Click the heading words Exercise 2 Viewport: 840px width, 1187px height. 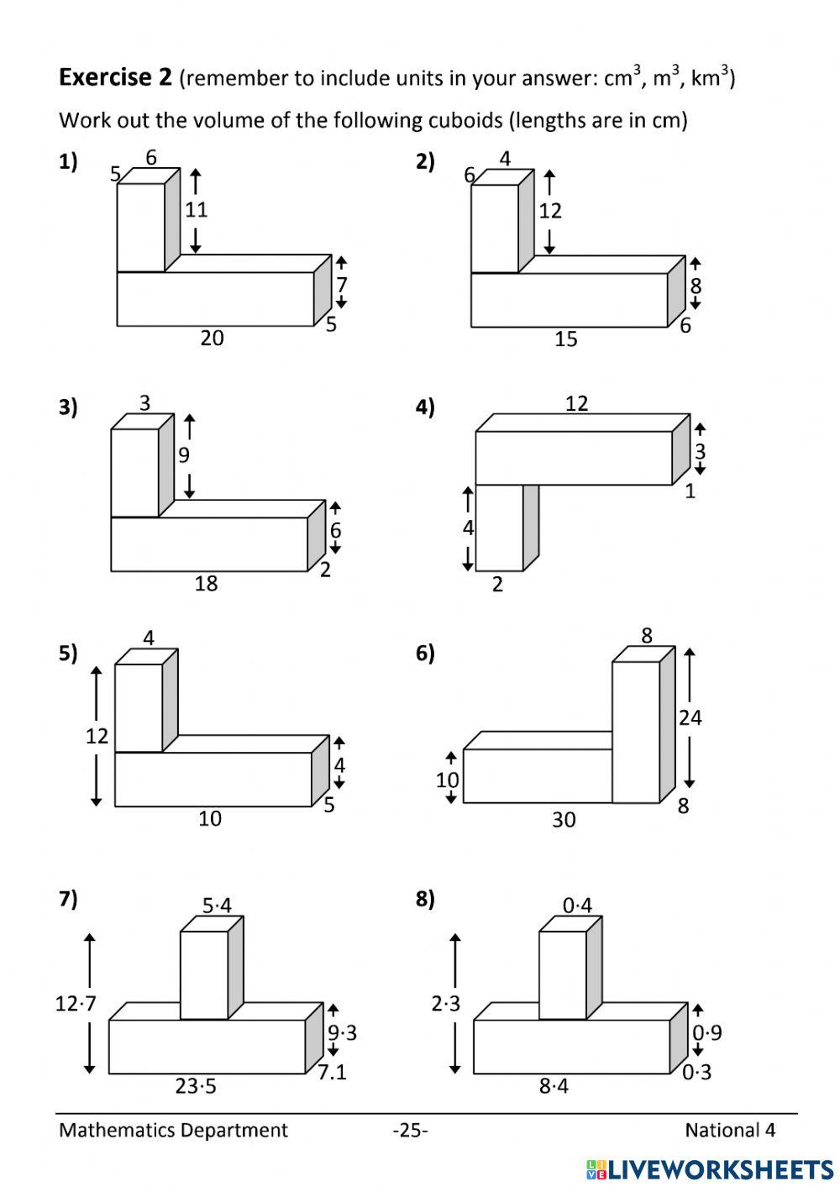(x=115, y=77)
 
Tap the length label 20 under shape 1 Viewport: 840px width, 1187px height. (x=212, y=338)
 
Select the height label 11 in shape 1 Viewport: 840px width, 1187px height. (x=196, y=210)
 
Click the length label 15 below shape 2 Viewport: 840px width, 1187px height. (x=566, y=339)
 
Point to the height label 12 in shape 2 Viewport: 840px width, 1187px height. (x=550, y=212)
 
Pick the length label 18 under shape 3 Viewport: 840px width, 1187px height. (x=206, y=584)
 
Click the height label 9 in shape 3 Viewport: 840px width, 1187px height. (x=184, y=455)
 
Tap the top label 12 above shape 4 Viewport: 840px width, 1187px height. (x=576, y=404)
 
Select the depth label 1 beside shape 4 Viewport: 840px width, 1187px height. (x=690, y=491)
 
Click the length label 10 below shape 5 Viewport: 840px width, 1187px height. (x=210, y=819)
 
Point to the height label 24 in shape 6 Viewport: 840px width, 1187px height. (x=690, y=718)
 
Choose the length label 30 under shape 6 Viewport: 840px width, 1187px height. (x=564, y=820)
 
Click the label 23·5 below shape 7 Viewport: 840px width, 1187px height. (x=196, y=1087)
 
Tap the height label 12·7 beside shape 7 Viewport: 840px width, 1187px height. (x=76, y=1004)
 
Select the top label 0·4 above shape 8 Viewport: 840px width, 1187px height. (x=577, y=906)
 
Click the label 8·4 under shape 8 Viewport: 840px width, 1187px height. (x=554, y=1087)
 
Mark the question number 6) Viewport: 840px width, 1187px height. (x=425, y=654)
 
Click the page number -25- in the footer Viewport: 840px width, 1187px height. (x=411, y=1131)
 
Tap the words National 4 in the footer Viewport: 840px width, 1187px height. (x=730, y=1131)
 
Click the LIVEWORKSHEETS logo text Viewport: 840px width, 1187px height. (x=710, y=1169)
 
